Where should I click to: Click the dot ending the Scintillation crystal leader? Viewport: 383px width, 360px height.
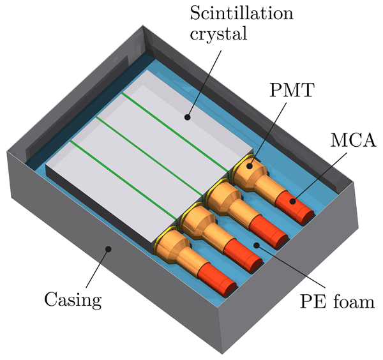point(187,117)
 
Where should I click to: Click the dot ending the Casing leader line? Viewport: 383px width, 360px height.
point(109,250)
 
